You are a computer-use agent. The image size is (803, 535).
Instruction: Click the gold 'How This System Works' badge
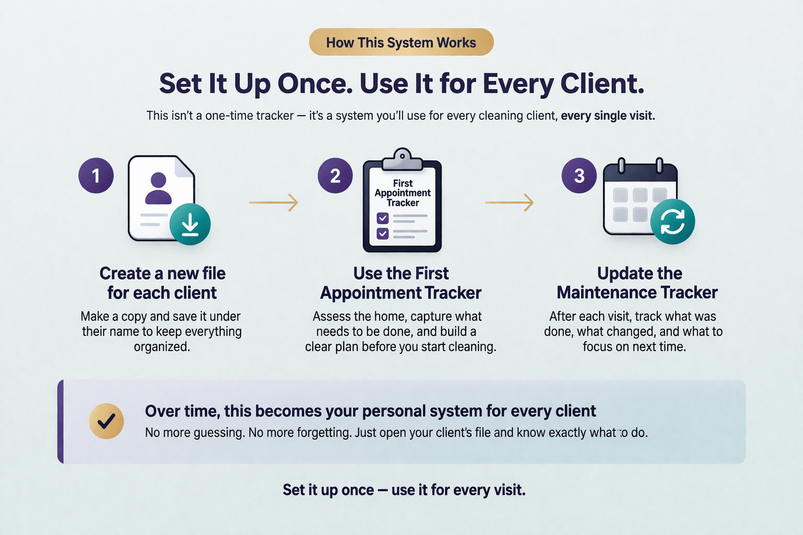tap(401, 42)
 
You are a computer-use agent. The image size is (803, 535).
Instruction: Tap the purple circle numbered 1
tap(96, 175)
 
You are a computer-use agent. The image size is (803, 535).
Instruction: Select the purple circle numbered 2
tap(335, 175)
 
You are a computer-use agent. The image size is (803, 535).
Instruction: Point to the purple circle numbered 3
tap(579, 175)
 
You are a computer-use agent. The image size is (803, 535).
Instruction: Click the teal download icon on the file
tap(190, 224)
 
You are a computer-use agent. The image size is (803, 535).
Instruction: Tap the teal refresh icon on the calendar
tap(672, 221)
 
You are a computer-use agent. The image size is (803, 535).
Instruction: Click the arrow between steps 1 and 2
tap(274, 202)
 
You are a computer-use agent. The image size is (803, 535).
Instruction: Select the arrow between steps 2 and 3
tap(510, 202)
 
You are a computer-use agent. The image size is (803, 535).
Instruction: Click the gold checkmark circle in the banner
tap(107, 421)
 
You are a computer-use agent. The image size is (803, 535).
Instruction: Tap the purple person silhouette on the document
tap(158, 188)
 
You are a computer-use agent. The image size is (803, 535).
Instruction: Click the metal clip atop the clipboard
tap(402, 159)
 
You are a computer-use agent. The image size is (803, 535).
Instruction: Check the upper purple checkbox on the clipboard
tap(383, 218)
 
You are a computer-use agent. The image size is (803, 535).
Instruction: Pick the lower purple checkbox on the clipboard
tap(383, 234)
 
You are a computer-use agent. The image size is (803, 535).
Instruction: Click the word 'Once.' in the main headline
tap(314, 84)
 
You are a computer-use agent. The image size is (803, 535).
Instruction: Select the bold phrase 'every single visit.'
tap(608, 116)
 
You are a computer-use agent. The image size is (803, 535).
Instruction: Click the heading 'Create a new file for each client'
tap(162, 283)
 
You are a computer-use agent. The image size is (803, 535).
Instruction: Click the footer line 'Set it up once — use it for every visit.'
tap(404, 490)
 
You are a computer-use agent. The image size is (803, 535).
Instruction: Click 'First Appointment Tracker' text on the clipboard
tap(403, 193)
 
